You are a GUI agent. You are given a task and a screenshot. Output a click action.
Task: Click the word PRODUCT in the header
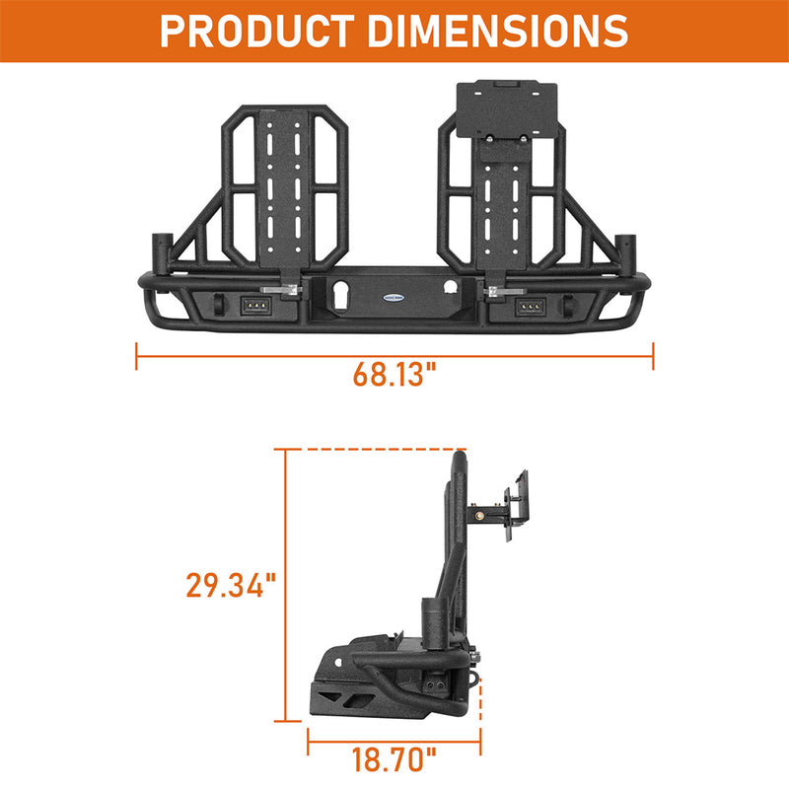(257, 32)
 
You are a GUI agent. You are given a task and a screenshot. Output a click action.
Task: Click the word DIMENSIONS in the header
(498, 32)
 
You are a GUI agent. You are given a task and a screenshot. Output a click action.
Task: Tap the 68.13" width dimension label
(394, 374)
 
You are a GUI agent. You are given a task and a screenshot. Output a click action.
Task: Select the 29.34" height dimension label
(232, 585)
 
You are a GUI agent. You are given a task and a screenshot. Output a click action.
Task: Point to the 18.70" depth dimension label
(394, 759)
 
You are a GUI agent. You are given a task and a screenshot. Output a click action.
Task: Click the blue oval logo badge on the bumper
(394, 298)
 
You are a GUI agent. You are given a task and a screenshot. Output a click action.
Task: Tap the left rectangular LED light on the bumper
(256, 306)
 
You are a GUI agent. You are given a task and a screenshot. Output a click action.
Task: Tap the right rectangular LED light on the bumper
(531, 307)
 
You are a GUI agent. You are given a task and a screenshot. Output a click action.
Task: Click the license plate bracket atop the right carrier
(507, 108)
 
